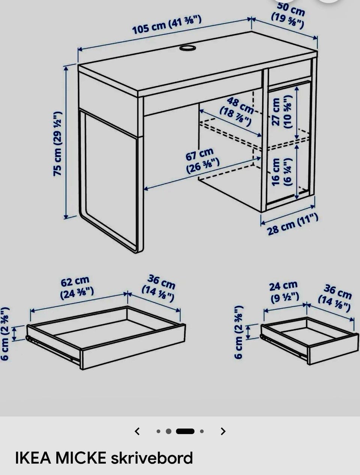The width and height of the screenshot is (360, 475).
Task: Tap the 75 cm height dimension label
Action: click(x=58, y=144)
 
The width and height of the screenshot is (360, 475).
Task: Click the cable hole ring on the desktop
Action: click(x=187, y=48)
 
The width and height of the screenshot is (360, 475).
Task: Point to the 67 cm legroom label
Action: click(x=202, y=160)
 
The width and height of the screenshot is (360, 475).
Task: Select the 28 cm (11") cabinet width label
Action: click(x=292, y=224)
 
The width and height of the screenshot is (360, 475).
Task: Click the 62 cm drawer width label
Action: click(x=77, y=288)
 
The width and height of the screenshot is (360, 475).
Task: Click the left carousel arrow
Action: click(x=137, y=431)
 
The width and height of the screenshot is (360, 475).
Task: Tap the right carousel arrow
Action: click(x=223, y=431)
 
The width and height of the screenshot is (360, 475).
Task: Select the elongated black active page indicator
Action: click(x=185, y=431)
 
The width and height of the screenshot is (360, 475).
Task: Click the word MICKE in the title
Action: click(x=81, y=458)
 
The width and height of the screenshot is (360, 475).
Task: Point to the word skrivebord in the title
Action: click(x=152, y=458)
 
